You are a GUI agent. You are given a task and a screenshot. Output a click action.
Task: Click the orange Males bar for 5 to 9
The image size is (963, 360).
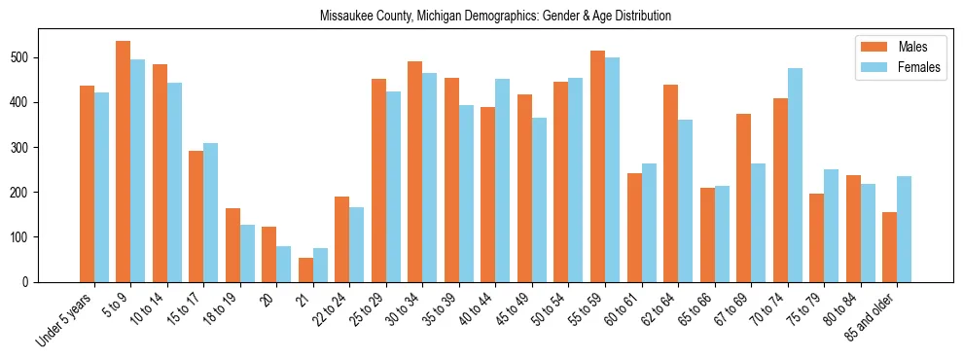click(x=124, y=162)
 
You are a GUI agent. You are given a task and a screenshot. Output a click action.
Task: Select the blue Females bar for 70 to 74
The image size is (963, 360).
click(x=795, y=175)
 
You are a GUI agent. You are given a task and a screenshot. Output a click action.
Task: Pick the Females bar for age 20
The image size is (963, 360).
click(x=284, y=264)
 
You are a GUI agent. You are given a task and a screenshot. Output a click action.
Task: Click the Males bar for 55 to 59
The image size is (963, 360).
click(x=597, y=166)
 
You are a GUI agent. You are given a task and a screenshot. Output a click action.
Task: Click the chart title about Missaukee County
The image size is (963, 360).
click(x=495, y=17)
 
